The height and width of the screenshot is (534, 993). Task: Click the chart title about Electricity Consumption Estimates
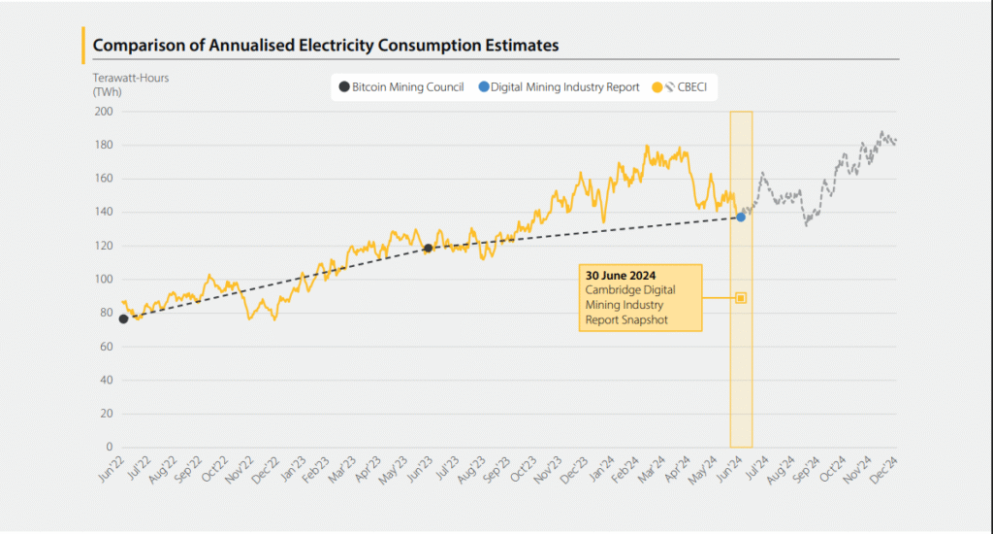[325, 45]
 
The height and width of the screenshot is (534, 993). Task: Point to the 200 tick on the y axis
[103, 112]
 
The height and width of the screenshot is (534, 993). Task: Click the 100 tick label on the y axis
[103, 280]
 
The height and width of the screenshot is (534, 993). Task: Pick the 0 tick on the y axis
[109, 448]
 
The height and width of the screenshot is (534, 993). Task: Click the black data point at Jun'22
[124, 318]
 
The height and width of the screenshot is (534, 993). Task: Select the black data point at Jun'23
[428, 249]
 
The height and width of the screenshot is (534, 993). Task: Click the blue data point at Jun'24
[741, 217]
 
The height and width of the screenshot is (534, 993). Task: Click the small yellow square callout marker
[741, 298]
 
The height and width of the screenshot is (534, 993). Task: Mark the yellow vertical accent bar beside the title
[84, 45]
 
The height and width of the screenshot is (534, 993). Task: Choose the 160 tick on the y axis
[103, 179]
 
